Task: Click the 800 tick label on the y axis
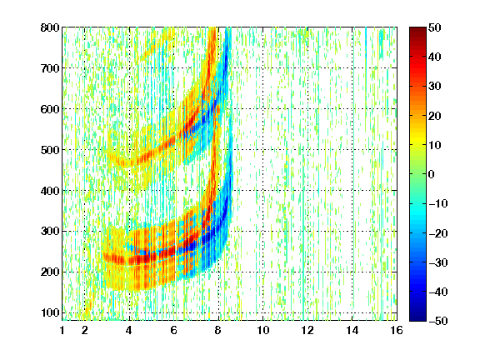[50, 27]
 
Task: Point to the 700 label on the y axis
[50, 68]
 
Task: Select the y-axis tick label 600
[50, 109]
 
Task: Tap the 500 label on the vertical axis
[50, 150]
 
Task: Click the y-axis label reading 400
[50, 191]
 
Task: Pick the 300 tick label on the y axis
[50, 232]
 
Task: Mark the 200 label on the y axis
[50, 272]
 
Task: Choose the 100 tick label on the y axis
[50, 312]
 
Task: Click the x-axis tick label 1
[62, 330]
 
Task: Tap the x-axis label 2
[85, 330]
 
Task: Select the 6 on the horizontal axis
[174, 330]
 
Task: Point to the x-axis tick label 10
[263, 330]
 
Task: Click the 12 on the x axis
[307, 330]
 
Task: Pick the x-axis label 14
[352, 330]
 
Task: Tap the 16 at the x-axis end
[397, 330]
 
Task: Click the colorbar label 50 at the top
[435, 27]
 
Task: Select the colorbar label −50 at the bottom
[438, 321]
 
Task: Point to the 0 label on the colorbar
[432, 174]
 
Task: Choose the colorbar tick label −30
[438, 262]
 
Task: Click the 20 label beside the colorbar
[435, 116]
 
